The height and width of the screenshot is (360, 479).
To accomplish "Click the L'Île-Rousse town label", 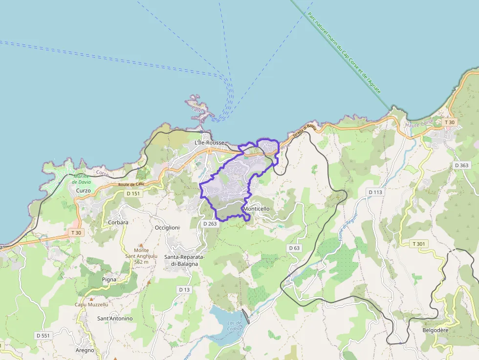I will point(209,143).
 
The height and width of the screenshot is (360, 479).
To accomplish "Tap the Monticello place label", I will point(257,209).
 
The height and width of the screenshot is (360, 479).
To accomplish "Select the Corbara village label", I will point(117,222).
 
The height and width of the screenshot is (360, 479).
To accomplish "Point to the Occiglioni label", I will point(167,228).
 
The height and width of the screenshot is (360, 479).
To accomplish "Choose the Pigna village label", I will point(109,279).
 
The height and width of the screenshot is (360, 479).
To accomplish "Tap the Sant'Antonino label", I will point(115,318).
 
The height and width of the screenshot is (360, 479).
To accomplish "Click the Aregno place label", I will point(85,350).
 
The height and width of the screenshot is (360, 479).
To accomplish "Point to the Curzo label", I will point(83,190).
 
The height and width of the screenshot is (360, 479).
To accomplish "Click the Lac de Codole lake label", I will point(235,325).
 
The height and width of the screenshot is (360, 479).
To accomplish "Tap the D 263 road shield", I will point(210,223).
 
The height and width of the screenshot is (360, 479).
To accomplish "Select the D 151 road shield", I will point(133,193).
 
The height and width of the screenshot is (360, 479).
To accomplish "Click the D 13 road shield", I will point(184,290).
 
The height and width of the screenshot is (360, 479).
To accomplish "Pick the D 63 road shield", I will point(294,248).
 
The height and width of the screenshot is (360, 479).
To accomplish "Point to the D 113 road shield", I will point(375,192).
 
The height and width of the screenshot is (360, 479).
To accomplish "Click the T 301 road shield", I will point(420,244).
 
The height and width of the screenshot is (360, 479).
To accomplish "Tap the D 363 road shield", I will point(461,165).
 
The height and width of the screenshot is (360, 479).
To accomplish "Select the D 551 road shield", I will point(43,336).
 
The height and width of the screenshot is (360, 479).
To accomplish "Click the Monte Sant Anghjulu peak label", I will point(140,256).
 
